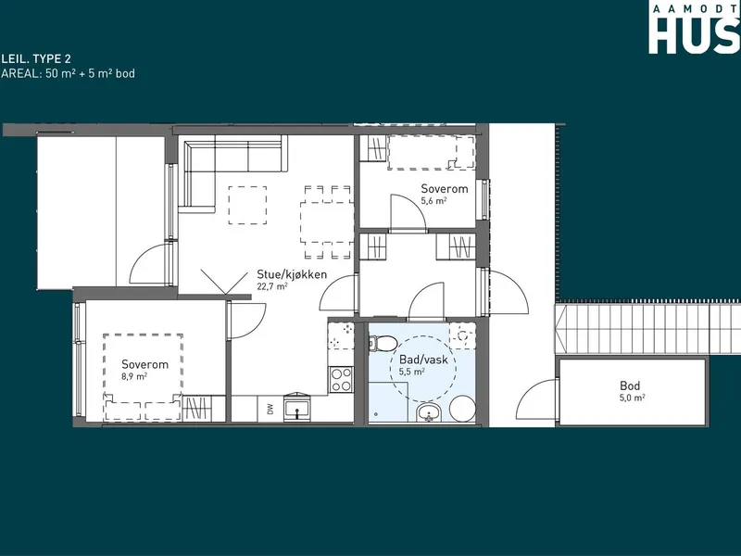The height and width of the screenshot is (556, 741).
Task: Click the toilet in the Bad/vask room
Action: [383, 343]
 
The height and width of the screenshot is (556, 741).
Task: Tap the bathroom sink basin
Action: [429, 412]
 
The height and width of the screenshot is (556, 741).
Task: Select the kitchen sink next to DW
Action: [296, 408]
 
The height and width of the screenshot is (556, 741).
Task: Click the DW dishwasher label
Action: [270, 409]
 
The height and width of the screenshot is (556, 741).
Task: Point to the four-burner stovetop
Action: [341, 380]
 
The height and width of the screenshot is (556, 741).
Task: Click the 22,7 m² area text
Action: [272, 286]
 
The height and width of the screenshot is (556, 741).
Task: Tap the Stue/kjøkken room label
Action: [292, 274]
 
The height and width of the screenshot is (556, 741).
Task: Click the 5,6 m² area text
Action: [433, 200]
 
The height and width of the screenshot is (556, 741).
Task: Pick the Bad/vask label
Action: [423, 360]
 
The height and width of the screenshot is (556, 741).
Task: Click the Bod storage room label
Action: [630, 385]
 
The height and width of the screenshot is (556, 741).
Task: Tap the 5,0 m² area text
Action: [633, 398]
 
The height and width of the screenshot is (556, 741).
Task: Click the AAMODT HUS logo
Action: [694, 27]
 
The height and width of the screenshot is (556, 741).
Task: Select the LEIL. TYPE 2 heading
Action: [36, 58]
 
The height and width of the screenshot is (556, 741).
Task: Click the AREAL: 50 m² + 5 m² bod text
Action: [68, 73]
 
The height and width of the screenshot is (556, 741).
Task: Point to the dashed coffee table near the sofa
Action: [247, 205]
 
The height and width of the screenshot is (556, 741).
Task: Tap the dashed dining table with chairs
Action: [327, 222]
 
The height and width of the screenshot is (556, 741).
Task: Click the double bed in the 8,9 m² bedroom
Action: [144, 377]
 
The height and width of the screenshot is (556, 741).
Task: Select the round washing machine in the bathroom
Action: [462, 409]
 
